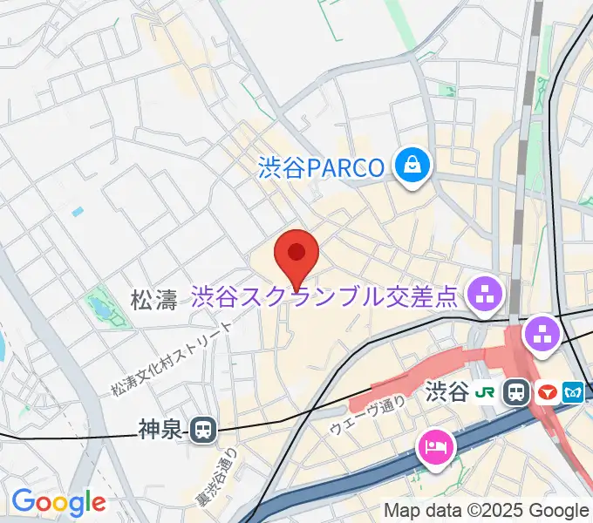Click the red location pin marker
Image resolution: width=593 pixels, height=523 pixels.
pyautogui.click(x=296, y=255)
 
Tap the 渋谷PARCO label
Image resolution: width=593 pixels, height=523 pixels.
pyautogui.click(x=322, y=166)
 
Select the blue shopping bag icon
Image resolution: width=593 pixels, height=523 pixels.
pyautogui.click(x=411, y=165)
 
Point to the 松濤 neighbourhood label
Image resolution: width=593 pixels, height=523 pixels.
pyautogui.click(x=153, y=302)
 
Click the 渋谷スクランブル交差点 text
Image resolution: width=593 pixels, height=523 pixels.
pyautogui.click(x=324, y=297)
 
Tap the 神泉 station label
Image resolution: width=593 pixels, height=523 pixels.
pyautogui.click(x=161, y=428)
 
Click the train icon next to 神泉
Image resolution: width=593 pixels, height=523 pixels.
pyautogui.click(x=204, y=428)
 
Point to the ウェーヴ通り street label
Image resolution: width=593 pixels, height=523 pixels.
pyautogui.click(x=367, y=414)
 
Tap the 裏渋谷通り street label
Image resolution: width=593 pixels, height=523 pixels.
pyautogui.click(x=227, y=476)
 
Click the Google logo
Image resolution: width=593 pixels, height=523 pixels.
pyautogui.click(x=58, y=502)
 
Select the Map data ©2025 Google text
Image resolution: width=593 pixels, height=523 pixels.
pyautogui.click(x=487, y=510)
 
